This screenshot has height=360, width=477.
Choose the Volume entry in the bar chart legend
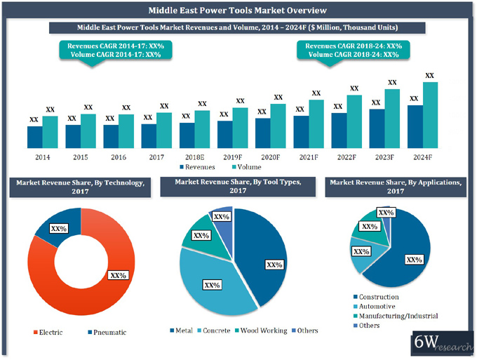click(x=244, y=168)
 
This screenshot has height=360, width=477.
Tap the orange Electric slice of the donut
click(x=77, y=291)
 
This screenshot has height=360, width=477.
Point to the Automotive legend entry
click(x=379, y=306)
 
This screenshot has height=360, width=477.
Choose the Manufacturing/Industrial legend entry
click(x=396, y=316)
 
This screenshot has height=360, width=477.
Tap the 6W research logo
click(x=443, y=343)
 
